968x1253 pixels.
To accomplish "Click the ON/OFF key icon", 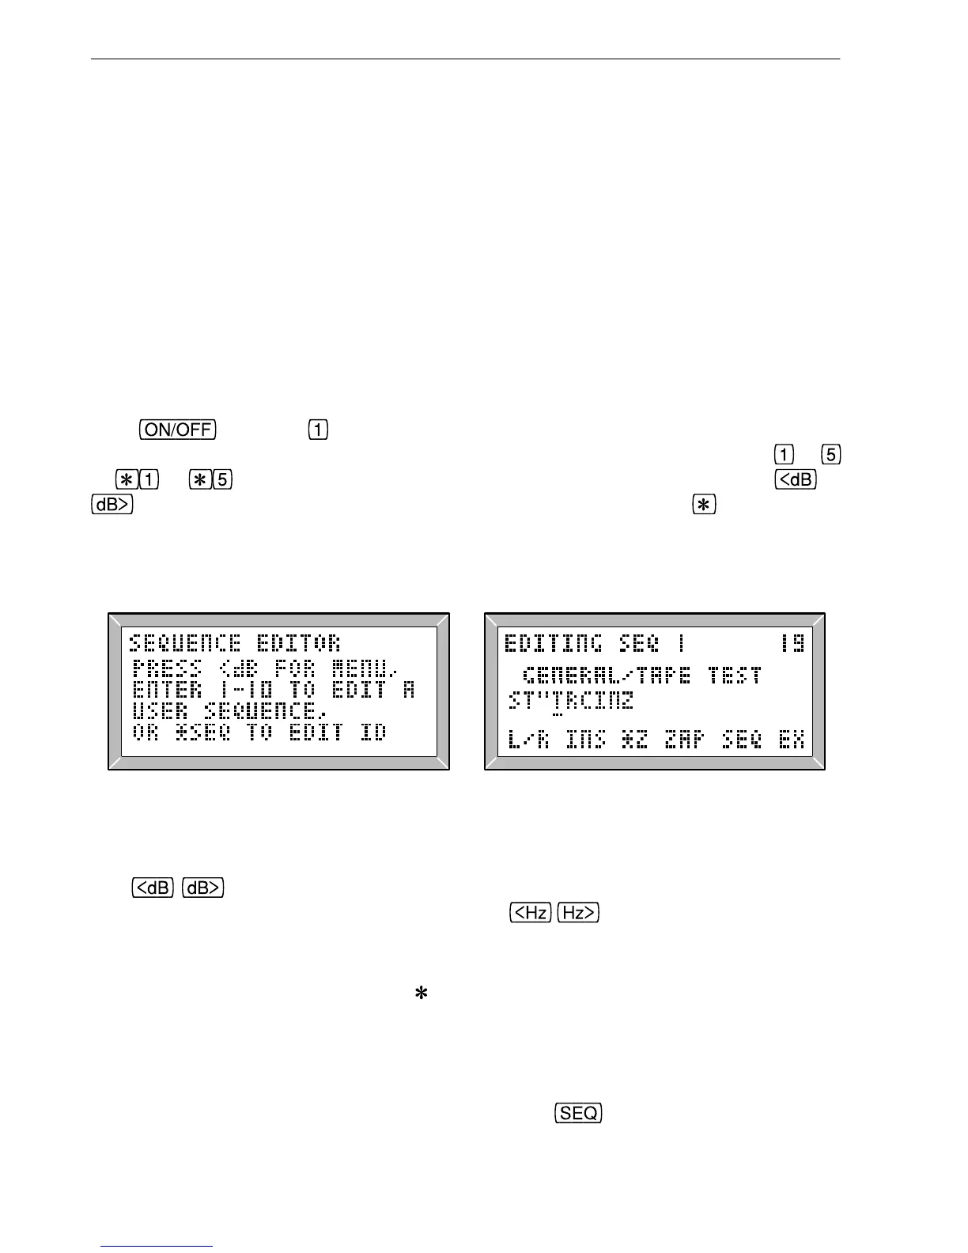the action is [x=178, y=430].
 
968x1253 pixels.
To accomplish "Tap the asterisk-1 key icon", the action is [x=137, y=480].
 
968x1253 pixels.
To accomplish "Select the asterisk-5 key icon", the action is [x=210, y=480].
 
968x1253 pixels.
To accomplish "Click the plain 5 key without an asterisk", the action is [x=831, y=455].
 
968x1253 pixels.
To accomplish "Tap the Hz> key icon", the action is [x=579, y=913].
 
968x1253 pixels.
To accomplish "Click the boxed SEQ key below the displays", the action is [x=579, y=1113].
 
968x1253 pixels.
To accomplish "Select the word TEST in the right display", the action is [x=735, y=676].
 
